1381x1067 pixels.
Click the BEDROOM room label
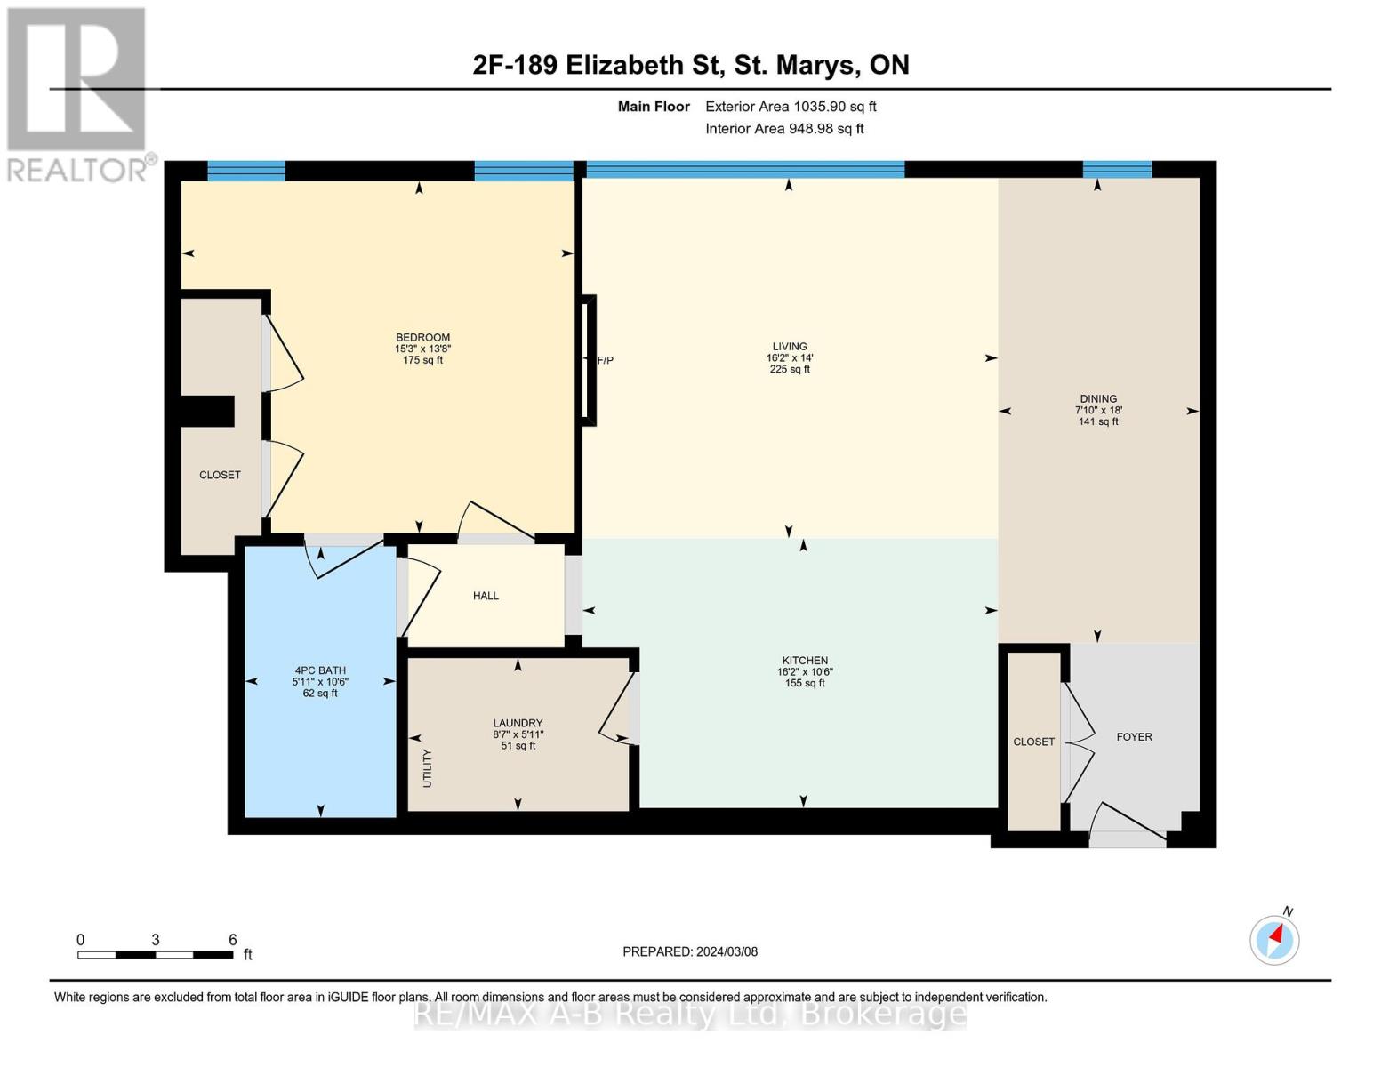(422, 338)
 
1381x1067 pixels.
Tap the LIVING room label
(790, 347)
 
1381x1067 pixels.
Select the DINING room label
(1098, 399)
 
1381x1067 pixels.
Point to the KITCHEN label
(805, 661)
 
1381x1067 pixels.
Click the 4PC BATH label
(320, 670)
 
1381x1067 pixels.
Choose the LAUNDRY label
(518, 723)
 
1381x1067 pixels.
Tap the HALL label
(486, 596)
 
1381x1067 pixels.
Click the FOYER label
(1135, 736)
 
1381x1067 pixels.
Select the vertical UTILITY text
(427, 768)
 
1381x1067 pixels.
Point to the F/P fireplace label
(605, 360)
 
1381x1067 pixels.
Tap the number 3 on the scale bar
(155, 940)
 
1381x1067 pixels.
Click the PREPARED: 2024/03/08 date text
(690, 951)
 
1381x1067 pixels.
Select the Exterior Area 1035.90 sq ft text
(791, 107)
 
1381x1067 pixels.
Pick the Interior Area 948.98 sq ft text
(785, 128)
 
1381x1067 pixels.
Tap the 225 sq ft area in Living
(790, 369)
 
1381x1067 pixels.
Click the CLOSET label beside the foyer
(1034, 742)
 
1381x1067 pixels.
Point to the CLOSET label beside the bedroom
(220, 475)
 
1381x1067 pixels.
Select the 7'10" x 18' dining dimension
(1098, 411)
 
